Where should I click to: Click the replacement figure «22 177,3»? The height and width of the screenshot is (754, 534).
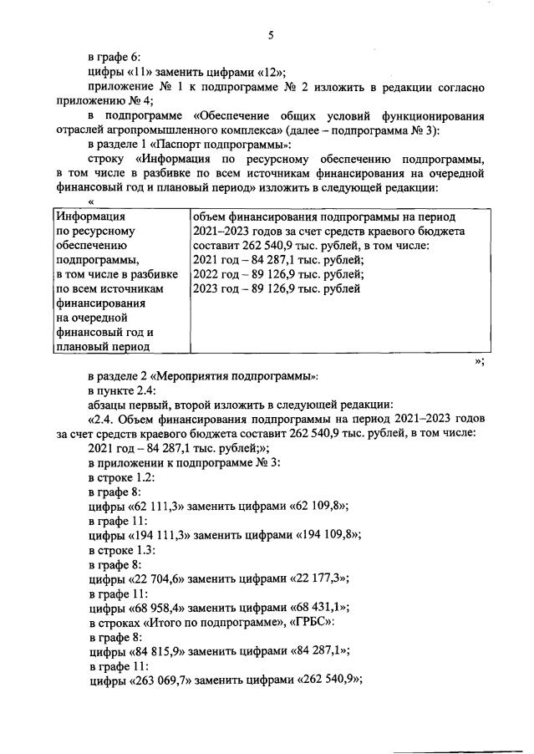click(315, 578)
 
